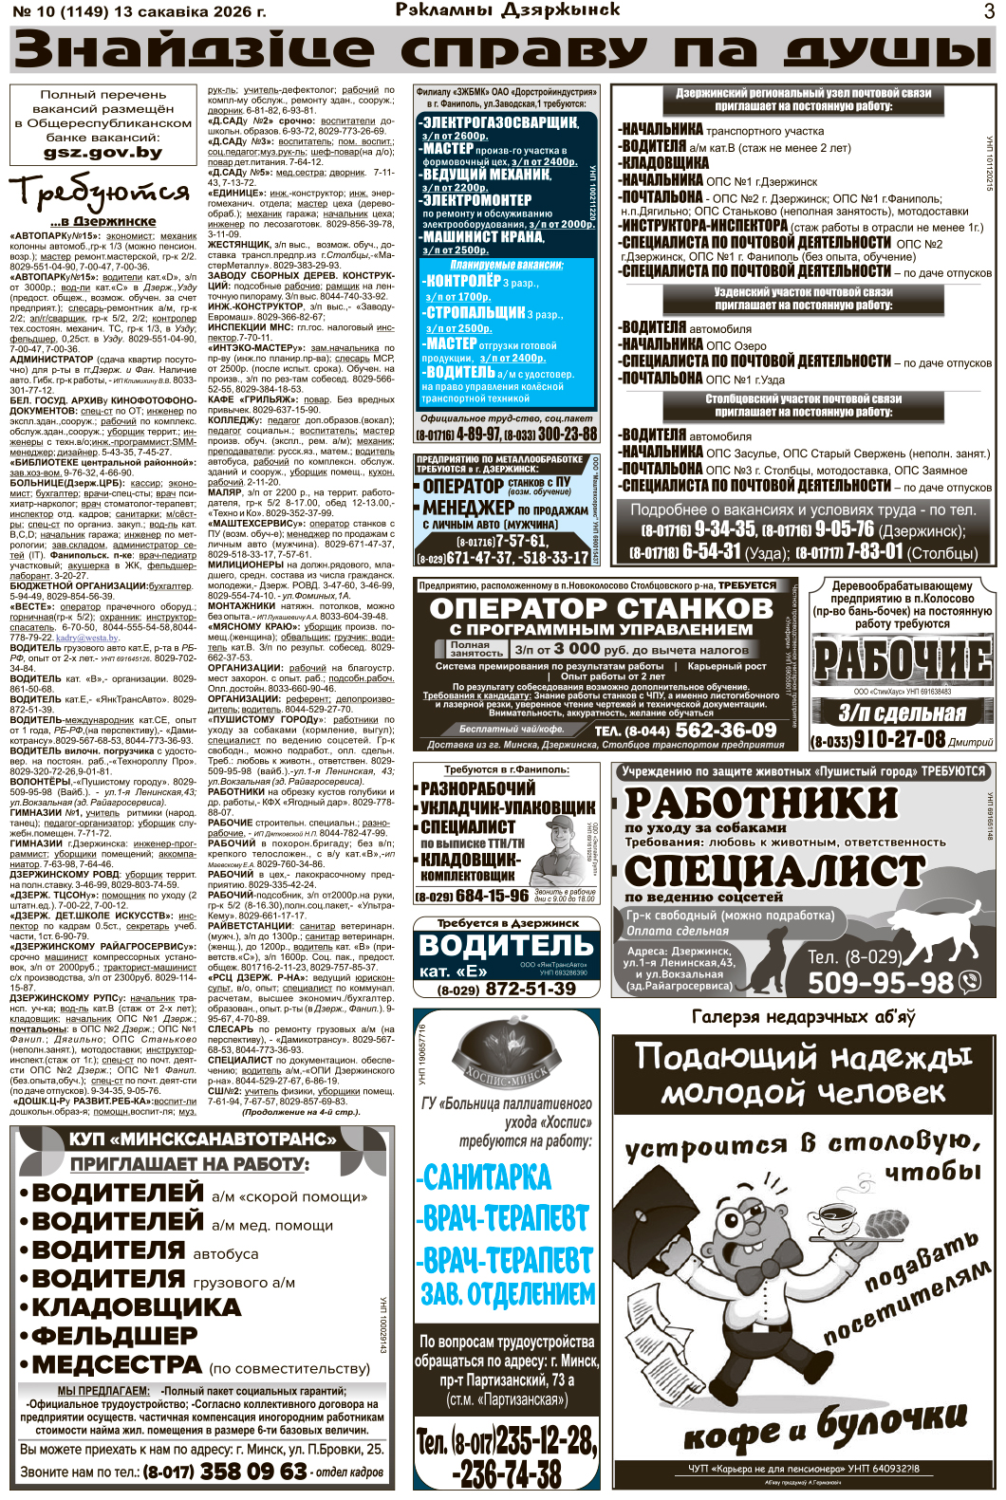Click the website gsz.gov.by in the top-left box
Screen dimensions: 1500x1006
click(x=102, y=152)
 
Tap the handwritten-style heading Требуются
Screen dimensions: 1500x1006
click(x=100, y=193)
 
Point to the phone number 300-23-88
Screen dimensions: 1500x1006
click(x=554, y=434)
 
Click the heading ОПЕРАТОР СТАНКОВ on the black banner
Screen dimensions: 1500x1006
click(x=602, y=608)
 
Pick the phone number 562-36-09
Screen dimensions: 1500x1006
click(x=725, y=730)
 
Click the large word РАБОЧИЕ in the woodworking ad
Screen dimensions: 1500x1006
click(x=902, y=660)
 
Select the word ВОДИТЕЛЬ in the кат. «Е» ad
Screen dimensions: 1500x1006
click(x=506, y=945)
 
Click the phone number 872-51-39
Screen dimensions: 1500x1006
click(x=532, y=989)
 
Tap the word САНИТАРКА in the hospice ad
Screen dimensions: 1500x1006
click(x=487, y=1177)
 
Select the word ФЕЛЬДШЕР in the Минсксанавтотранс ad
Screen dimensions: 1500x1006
click(x=115, y=1335)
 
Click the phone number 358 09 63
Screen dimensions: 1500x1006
click(x=252, y=1472)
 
